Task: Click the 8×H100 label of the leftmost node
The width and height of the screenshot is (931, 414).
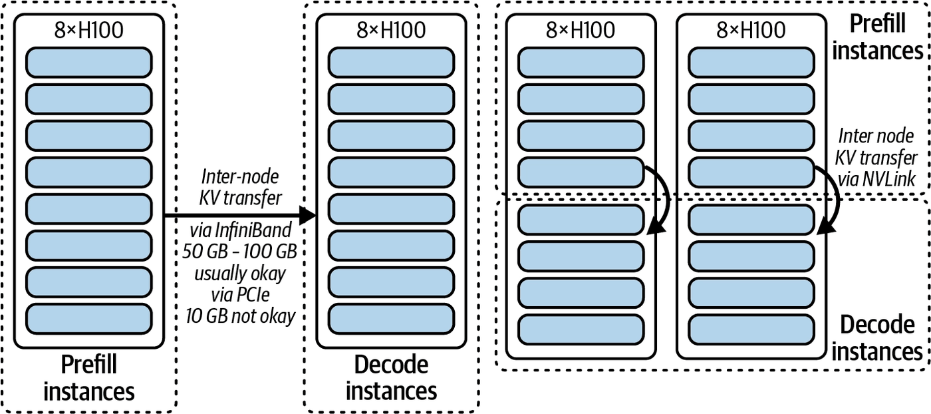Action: pos(89,30)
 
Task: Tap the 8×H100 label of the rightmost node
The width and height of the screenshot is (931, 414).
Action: pos(751,30)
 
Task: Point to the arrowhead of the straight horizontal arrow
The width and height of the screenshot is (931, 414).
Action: pos(308,215)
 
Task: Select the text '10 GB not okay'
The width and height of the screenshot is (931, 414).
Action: pos(240,316)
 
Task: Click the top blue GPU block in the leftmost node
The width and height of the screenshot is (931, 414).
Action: pos(89,63)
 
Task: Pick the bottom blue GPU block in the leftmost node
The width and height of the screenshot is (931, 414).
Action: pos(89,319)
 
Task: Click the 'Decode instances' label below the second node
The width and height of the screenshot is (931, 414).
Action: pos(391,378)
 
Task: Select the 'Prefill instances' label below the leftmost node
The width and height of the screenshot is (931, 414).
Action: pos(89,378)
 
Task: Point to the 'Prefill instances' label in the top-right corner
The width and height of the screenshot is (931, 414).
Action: pos(877,37)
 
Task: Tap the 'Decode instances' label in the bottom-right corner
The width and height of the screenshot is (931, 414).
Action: pos(877,338)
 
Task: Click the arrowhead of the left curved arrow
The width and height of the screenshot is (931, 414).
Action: pos(656,227)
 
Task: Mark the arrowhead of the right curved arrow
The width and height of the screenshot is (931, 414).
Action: pos(826,228)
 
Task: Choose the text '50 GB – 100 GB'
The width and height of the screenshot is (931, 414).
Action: pos(240,252)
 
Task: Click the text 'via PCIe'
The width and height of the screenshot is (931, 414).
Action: pos(240,295)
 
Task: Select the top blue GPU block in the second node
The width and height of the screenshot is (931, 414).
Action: pos(391,63)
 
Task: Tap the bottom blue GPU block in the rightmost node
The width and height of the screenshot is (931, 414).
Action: pos(751,330)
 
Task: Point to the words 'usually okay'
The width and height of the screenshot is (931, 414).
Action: pos(240,274)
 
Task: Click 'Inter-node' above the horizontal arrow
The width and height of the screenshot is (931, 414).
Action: pos(240,176)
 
